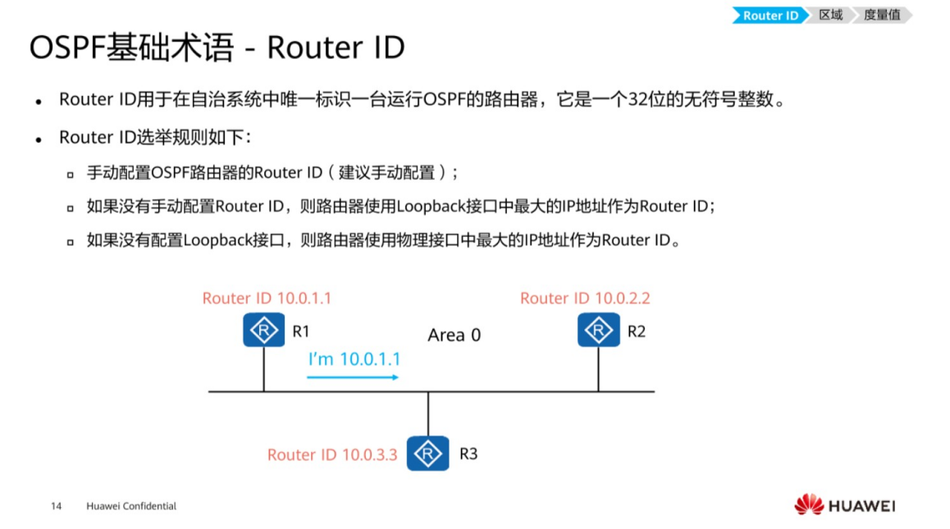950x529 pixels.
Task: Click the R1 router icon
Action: coord(263,331)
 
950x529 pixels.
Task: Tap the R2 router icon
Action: coord(598,331)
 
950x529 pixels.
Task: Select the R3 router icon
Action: coord(427,453)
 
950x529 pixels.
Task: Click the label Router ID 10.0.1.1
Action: coord(267,298)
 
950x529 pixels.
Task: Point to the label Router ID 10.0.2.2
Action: coord(585,298)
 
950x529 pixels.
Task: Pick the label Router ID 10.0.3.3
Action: coord(332,454)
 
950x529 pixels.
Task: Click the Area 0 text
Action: coord(454,335)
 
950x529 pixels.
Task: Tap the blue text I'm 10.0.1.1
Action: coord(354,358)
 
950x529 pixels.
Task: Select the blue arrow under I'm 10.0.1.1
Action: coord(353,377)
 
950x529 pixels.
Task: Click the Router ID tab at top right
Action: coord(770,16)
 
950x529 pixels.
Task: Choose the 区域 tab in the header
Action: coord(831,16)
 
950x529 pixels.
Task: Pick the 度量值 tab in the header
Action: coord(883,16)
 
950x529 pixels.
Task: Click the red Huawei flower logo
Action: coord(808,505)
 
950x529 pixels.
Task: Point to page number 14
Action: coord(57,506)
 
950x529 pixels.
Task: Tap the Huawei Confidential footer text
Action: coord(131,506)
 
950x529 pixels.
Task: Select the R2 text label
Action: coord(637,331)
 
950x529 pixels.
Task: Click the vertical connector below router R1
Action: coord(263,369)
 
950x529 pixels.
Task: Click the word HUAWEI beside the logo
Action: coord(861,506)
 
